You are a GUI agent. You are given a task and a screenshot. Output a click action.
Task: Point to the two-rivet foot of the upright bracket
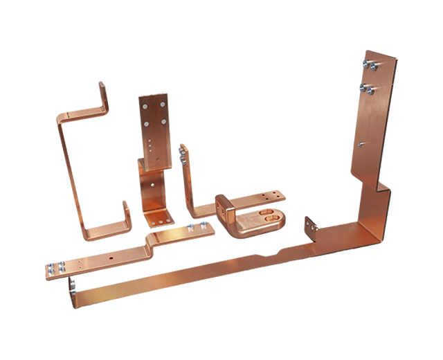tap(156, 219)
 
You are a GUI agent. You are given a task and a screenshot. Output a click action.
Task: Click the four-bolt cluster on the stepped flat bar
tap(56, 269)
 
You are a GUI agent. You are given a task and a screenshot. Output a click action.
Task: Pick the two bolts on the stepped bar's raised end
tap(197, 229)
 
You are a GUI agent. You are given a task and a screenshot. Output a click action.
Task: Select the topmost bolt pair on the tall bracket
tap(369, 65)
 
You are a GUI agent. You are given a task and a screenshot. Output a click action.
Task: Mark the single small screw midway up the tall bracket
tap(360, 143)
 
